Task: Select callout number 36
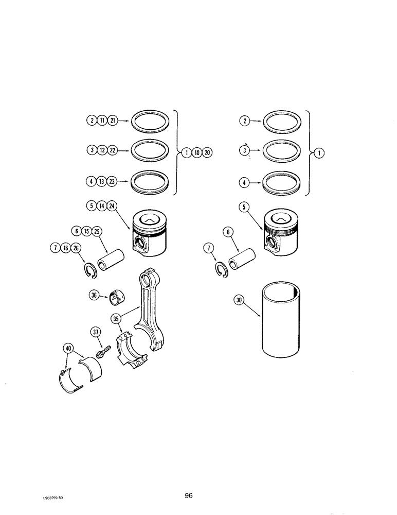94,295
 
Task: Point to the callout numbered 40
69,349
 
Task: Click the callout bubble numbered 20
207,153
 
